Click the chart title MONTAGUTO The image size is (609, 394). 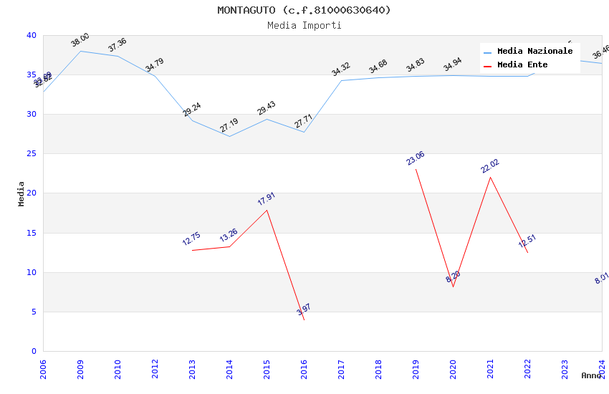tap(304, 10)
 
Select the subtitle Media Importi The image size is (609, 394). tap(304, 25)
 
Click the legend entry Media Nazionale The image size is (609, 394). tap(534, 52)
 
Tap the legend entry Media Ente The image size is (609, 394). tap(522, 65)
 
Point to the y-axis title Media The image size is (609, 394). tap(21, 193)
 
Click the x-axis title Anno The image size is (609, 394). tap(591, 375)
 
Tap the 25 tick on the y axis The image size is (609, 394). tap(32, 154)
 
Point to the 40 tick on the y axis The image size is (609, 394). tap(32, 36)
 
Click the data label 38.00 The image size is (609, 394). tap(80, 40)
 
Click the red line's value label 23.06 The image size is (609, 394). tap(416, 158)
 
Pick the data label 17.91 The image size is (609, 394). tap(267, 199)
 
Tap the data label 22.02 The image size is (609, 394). tap(490, 166)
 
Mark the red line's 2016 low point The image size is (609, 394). tap(304, 319)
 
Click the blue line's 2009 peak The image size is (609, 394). tap(80, 51)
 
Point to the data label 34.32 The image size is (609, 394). tap(341, 69)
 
